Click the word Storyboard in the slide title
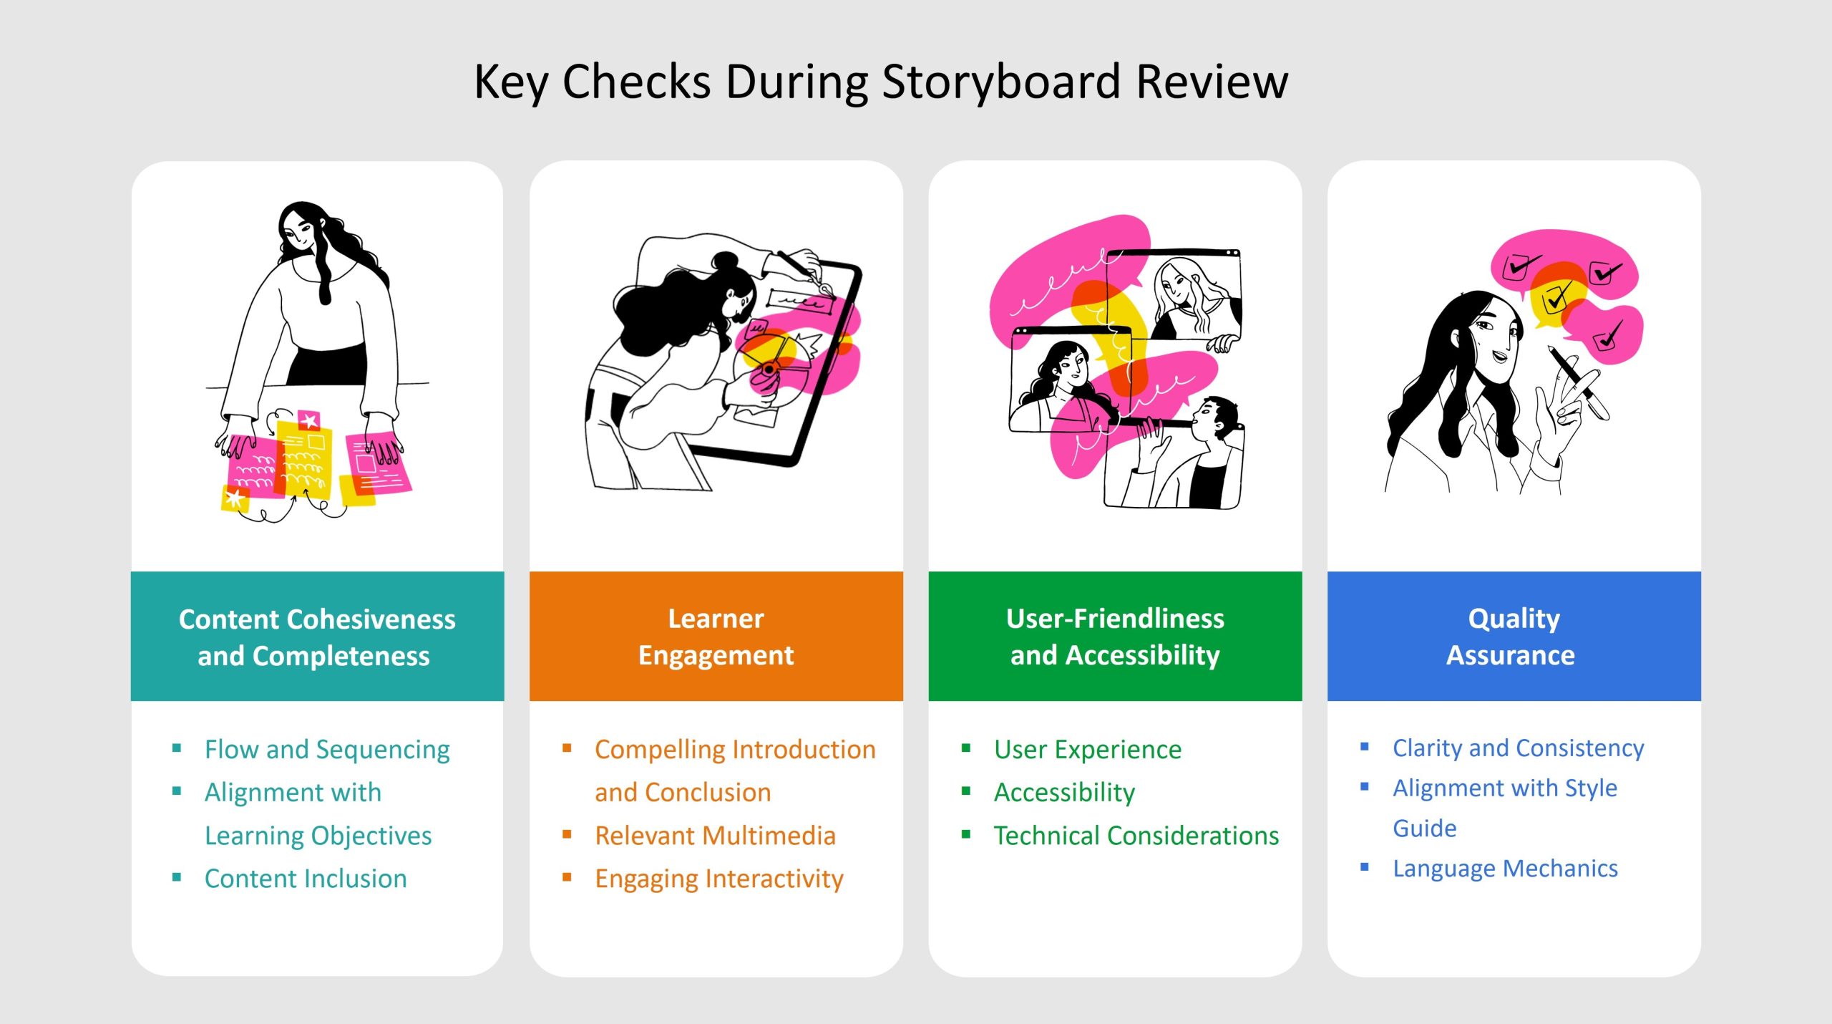tap(1001, 82)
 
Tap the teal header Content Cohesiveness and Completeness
tap(317, 637)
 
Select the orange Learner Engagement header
tap(716, 637)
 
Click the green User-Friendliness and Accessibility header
tap(1115, 637)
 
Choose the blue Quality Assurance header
tap(1514, 637)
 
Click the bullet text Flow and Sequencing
tap(327, 750)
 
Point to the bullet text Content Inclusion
tap(306, 879)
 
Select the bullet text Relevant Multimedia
tap(715, 836)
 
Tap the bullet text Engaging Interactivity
tap(719, 879)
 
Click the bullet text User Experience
tap(1088, 750)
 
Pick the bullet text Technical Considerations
tap(1136, 836)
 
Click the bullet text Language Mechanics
tap(1505, 869)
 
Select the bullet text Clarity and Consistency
tap(1518, 748)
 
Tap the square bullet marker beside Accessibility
tap(966, 791)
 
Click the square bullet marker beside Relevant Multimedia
tap(567, 834)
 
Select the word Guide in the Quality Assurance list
tap(1424, 829)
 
